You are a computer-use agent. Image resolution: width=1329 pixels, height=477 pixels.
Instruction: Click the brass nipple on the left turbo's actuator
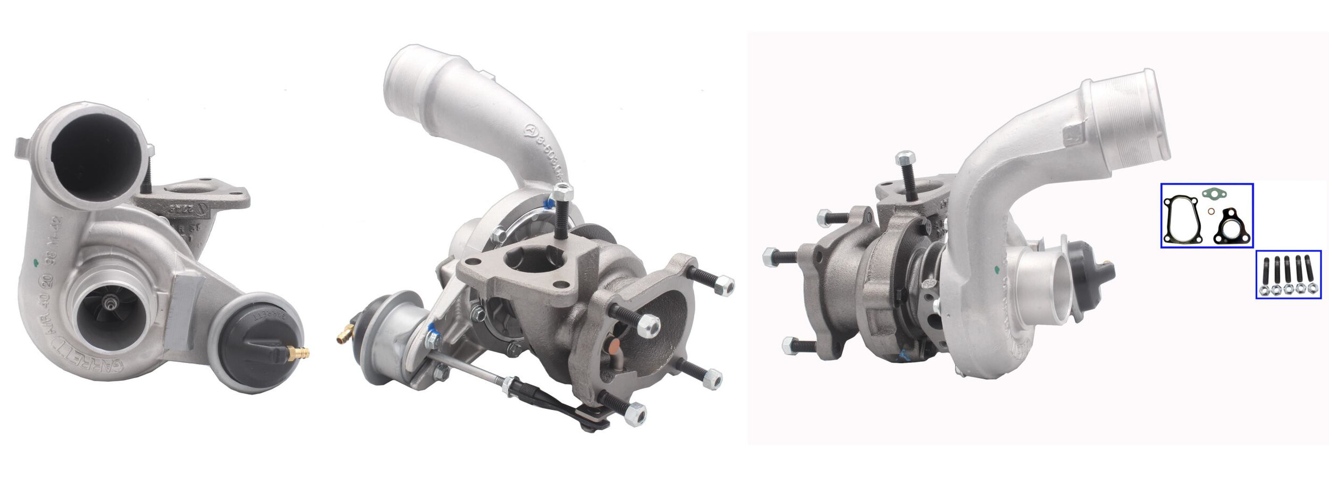pyautogui.click(x=300, y=351)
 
